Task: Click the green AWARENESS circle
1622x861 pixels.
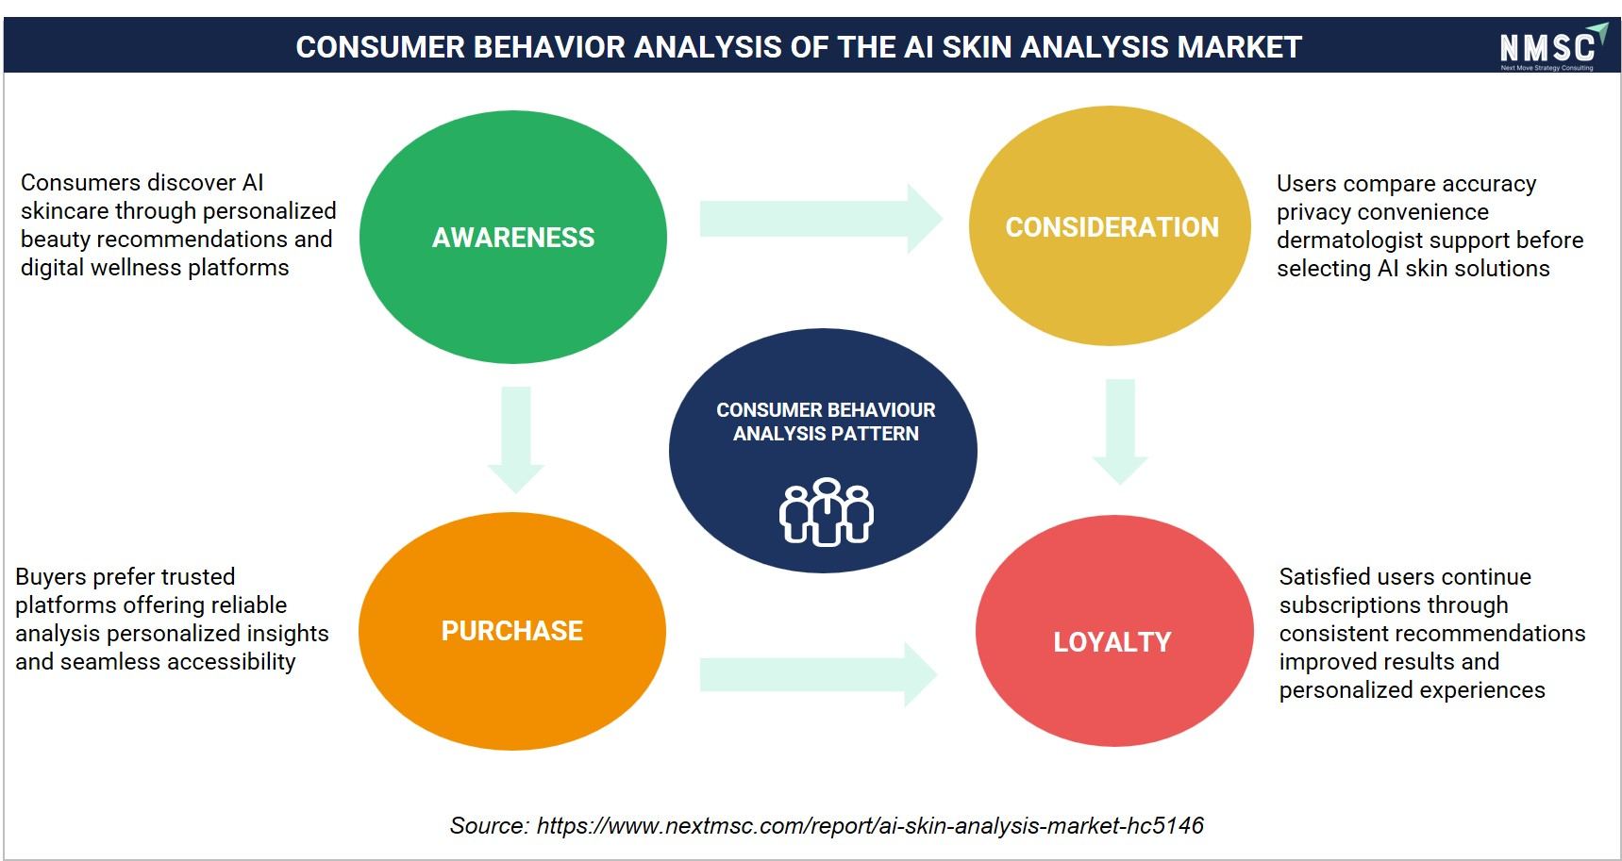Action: pos(513,237)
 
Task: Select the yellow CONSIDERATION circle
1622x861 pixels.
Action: pos(1111,226)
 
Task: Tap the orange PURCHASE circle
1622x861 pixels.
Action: pos(512,631)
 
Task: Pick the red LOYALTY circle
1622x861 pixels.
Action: pos(1114,631)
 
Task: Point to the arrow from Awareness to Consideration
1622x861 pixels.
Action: pos(821,219)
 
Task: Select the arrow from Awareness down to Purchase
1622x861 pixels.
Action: pos(516,439)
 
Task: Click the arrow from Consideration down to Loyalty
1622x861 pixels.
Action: pos(1120,432)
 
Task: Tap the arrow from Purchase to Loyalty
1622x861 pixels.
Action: pos(818,674)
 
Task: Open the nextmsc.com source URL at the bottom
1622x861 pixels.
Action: pos(870,826)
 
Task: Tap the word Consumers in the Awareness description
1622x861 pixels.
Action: pos(81,182)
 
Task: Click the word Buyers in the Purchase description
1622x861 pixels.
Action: pos(52,577)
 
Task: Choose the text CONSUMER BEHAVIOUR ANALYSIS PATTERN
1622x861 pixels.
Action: pos(826,422)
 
